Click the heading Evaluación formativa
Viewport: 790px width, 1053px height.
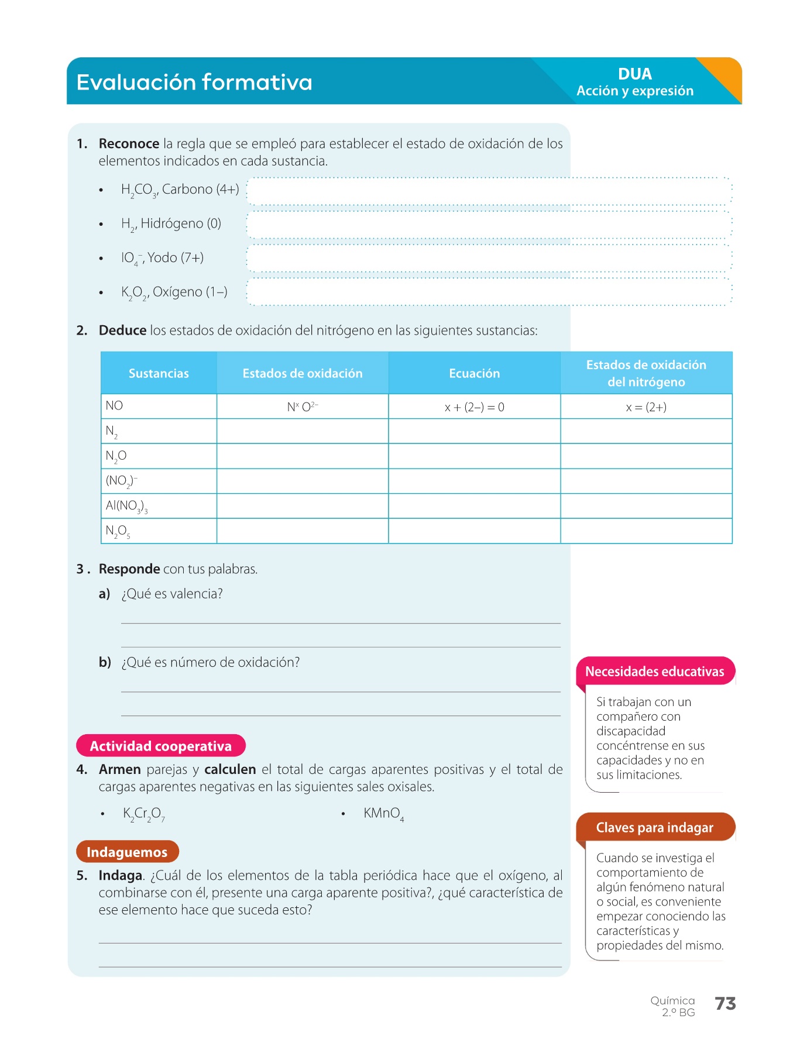click(194, 82)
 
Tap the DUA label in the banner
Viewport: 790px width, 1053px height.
click(634, 74)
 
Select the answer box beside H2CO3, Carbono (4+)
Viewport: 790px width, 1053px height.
click(489, 191)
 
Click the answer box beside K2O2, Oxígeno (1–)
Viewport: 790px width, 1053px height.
click(489, 292)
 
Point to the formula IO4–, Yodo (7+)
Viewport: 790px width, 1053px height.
click(162, 258)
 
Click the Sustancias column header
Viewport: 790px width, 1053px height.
click(159, 373)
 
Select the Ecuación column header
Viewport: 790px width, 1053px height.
click(474, 373)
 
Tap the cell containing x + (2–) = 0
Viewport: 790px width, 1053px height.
click(474, 407)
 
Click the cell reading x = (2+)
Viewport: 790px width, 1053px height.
click(646, 407)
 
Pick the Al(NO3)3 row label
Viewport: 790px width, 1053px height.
click(126, 506)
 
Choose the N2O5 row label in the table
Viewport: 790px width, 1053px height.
click(118, 531)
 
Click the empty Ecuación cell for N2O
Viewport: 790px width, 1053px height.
click(474, 456)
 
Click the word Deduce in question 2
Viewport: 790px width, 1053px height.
click(122, 331)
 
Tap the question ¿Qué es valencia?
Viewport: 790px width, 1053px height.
click(172, 594)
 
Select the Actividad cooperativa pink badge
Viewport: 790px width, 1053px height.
click(160, 746)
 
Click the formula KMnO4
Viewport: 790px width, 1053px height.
click(383, 814)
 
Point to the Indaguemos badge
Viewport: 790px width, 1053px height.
click(127, 852)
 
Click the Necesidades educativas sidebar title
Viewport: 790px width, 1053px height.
click(654, 672)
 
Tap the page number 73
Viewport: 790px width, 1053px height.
click(725, 1004)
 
